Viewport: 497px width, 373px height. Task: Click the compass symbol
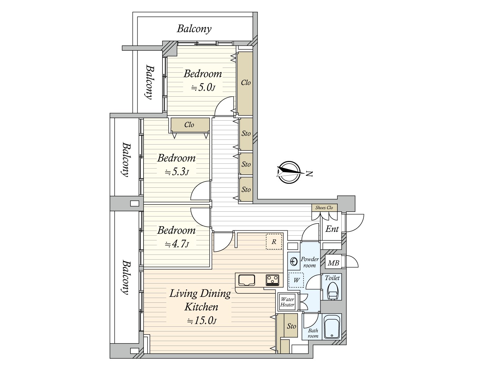click(290, 172)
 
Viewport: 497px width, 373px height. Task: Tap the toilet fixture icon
click(333, 292)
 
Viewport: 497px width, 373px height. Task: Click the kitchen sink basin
click(247, 280)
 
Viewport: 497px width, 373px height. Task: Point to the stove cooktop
click(272, 280)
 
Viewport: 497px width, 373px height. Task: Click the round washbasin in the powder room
click(294, 262)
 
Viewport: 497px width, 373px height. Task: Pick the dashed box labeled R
click(274, 242)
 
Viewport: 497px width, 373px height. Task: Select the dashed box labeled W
click(296, 280)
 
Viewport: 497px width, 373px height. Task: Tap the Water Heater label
click(287, 302)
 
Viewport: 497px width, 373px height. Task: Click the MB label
click(333, 263)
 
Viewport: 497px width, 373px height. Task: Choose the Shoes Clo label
click(324, 208)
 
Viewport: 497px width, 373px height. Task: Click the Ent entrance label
click(332, 229)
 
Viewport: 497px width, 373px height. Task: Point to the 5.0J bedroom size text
click(203, 87)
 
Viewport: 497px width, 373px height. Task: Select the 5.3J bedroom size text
click(177, 172)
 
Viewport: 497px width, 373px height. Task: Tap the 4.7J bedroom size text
click(177, 244)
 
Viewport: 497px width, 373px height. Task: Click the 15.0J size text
click(202, 320)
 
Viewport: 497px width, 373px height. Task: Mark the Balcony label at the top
click(194, 29)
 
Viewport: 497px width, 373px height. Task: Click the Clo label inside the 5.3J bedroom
click(189, 125)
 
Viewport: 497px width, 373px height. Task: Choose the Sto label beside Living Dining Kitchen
click(291, 326)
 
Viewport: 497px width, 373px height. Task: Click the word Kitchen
click(201, 307)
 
